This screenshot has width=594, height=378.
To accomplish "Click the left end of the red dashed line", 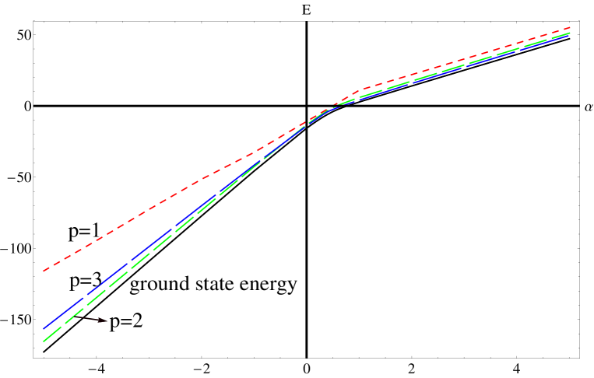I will point(44,271).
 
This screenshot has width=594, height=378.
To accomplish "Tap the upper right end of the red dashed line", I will point(571,28).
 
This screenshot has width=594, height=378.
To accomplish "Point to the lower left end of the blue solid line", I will point(44,327).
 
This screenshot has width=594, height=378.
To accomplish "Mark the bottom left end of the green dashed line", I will point(44,341).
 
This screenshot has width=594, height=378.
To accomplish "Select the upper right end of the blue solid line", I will point(571,33).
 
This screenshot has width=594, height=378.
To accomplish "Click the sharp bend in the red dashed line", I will point(360,90).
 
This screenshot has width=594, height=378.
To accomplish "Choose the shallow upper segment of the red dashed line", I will point(467,58).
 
